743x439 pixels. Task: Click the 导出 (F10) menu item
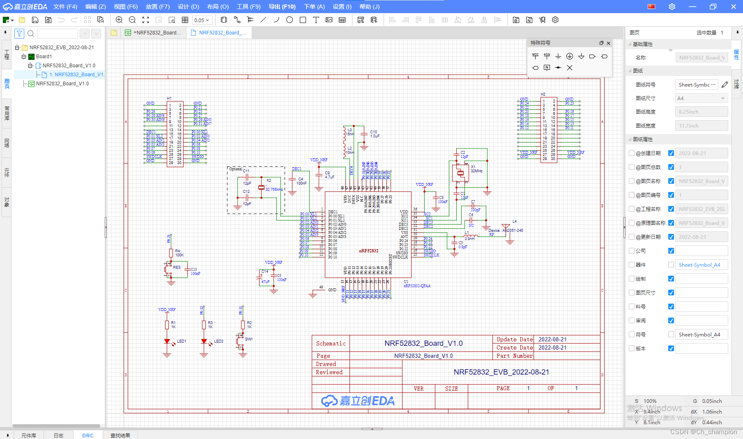[x=282, y=7]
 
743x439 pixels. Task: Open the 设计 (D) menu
[x=188, y=7]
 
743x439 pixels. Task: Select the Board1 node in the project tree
[x=44, y=57]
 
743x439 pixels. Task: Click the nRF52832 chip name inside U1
[x=368, y=251]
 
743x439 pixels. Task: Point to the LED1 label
[x=182, y=341]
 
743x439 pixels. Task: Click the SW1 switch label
[x=249, y=339]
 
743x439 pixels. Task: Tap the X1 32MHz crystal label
[x=476, y=169]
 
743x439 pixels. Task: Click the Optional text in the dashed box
[x=236, y=169]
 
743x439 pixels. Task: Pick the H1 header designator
[x=169, y=98]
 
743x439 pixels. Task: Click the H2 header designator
[x=543, y=94]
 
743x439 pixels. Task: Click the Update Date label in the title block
[x=514, y=339]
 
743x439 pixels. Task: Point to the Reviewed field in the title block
[x=329, y=372]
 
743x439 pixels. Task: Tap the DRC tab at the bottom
[x=88, y=435]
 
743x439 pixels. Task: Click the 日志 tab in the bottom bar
[x=59, y=435]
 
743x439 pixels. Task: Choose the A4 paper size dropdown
[x=702, y=98]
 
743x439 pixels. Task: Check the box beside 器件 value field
[x=671, y=265]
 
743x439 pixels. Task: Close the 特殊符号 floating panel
[x=609, y=43]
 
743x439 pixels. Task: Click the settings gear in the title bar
[x=672, y=7]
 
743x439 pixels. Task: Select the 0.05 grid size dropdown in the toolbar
[x=202, y=20]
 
